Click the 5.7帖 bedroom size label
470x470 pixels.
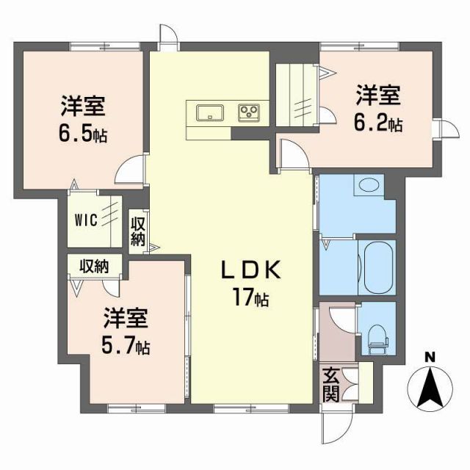click(x=126, y=345)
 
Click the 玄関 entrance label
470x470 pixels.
click(x=330, y=384)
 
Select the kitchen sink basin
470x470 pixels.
click(x=211, y=112)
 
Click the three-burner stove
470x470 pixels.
click(x=249, y=112)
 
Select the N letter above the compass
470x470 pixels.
click(x=430, y=358)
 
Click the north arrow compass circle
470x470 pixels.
click(x=431, y=388)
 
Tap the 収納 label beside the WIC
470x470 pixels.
click(x=137, y=230)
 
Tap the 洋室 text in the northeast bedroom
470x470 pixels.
click(x=378, y=95)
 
